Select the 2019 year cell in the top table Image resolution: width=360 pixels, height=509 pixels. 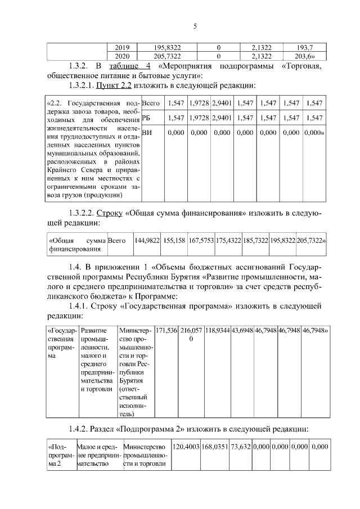coord(122,48)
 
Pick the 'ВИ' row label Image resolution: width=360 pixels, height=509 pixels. coord(147,133)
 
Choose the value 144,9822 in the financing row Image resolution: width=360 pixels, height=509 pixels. coord(147,240)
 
